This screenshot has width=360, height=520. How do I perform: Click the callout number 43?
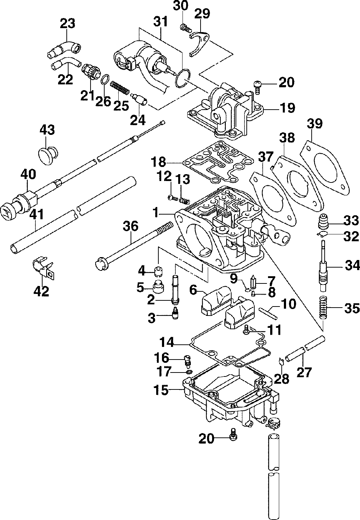[x=47, y=130]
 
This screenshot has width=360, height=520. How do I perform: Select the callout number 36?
[x=130, y=226]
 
